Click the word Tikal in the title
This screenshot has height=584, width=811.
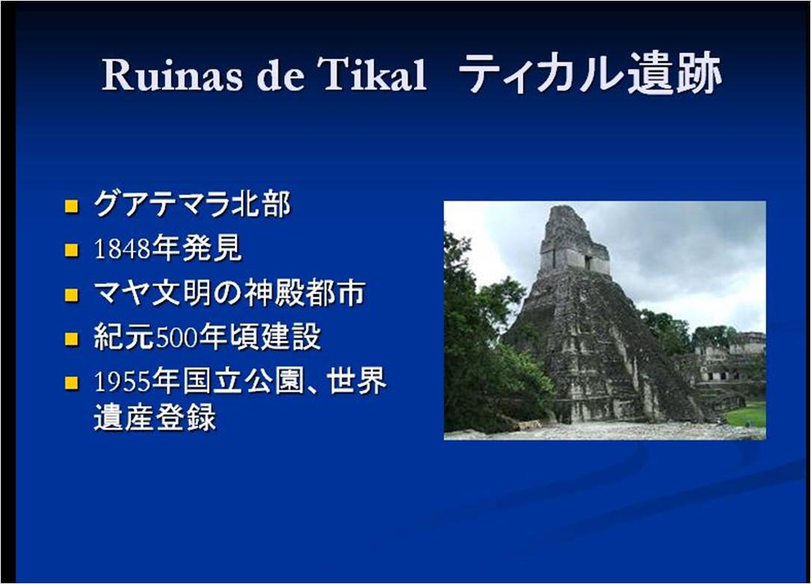[375, 75]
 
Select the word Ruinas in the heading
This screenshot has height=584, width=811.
[172, 75]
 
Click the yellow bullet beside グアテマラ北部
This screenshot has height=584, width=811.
[72, 206]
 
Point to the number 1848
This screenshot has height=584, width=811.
[122, 249]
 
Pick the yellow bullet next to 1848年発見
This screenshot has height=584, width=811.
[72, 250]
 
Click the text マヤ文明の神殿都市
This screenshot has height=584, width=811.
[230, 293]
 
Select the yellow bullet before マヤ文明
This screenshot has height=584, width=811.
[72, 295]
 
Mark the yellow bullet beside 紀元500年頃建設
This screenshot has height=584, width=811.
[72, 339]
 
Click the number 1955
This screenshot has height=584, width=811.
[122, 382]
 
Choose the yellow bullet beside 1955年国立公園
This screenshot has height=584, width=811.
[72, 383]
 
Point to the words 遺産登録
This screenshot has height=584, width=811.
[155, 417]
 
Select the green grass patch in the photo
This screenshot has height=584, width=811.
[746, 414]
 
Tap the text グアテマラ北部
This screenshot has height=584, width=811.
[192, 204]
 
